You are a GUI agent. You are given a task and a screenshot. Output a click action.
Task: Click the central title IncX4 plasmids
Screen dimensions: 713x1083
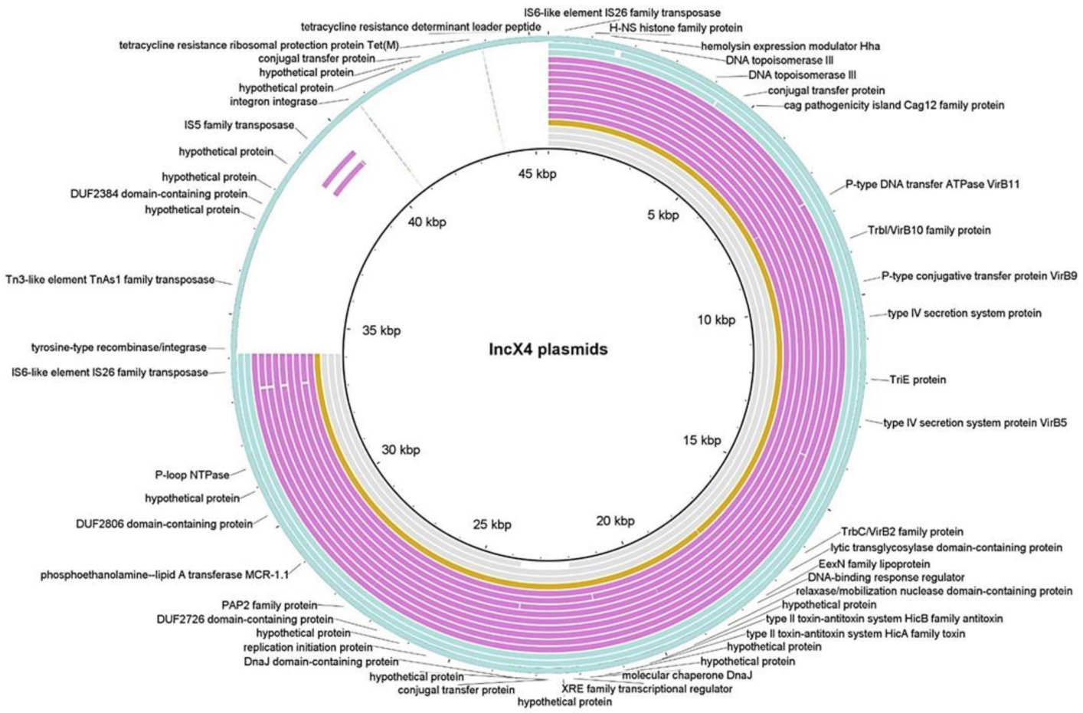tap(548, 350)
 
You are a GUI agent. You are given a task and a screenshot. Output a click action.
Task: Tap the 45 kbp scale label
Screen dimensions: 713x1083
tap(537, 174)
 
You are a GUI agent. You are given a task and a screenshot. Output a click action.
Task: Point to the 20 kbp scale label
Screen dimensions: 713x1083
tap(615, 521)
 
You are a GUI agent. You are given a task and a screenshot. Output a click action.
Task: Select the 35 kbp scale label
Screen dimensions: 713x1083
tap(381, 331)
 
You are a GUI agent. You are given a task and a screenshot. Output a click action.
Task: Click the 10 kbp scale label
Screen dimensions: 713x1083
tap(716, 320)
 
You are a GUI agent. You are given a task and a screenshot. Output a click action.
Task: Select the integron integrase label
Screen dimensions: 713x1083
tap(273, 102)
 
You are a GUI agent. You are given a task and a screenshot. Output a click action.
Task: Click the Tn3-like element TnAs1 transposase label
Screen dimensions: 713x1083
tap(110, 280)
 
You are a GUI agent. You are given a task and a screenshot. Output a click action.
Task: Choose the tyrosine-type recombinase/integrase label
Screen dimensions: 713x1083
tap(119, 347)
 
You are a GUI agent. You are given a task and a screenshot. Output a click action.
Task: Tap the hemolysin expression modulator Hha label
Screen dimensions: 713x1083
tap(790, 46)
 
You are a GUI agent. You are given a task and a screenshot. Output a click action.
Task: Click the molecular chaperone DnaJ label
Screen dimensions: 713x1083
tap(686, 675)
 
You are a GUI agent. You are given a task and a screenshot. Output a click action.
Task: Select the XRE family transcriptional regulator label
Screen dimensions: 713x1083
tap(646, 688)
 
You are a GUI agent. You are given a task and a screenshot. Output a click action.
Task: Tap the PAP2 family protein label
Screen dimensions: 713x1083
tap(269, 605)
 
